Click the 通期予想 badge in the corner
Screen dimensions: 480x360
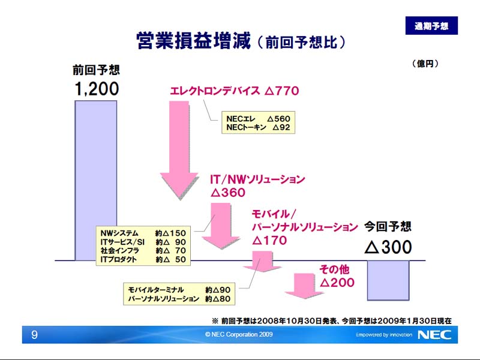click(x=431, y=25)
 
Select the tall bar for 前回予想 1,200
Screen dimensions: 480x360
click(x=96, y=181)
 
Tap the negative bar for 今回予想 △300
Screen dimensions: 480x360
click(x=388, y=280)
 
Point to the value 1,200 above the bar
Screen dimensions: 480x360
click(x=97, y=89)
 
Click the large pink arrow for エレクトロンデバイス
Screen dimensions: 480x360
click(x=179, y=150)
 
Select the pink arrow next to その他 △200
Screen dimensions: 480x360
click(x=304, y=286)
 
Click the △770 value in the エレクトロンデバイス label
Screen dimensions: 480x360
click(x=281, y=91)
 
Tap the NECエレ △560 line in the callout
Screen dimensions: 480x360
click(x=258, y=118)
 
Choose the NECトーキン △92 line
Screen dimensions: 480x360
click(x=258, y=127)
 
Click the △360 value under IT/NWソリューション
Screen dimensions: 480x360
click(x=228, y=193)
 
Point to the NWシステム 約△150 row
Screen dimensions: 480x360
click(x=143, y=233)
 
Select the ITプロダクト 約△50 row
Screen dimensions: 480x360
click(x=143, y=260)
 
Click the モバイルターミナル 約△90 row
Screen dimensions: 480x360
click(x=179, y=290)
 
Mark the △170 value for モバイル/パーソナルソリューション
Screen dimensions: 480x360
click(x=269, y=241)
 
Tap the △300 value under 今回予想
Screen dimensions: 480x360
click(x=388, y=247)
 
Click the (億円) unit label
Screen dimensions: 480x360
click(x=425, y=64)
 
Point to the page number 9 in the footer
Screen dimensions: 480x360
click(x=34, y=335)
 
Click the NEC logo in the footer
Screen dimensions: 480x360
click(x=434, y=335)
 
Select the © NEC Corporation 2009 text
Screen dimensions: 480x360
click(x=239, y=334)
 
